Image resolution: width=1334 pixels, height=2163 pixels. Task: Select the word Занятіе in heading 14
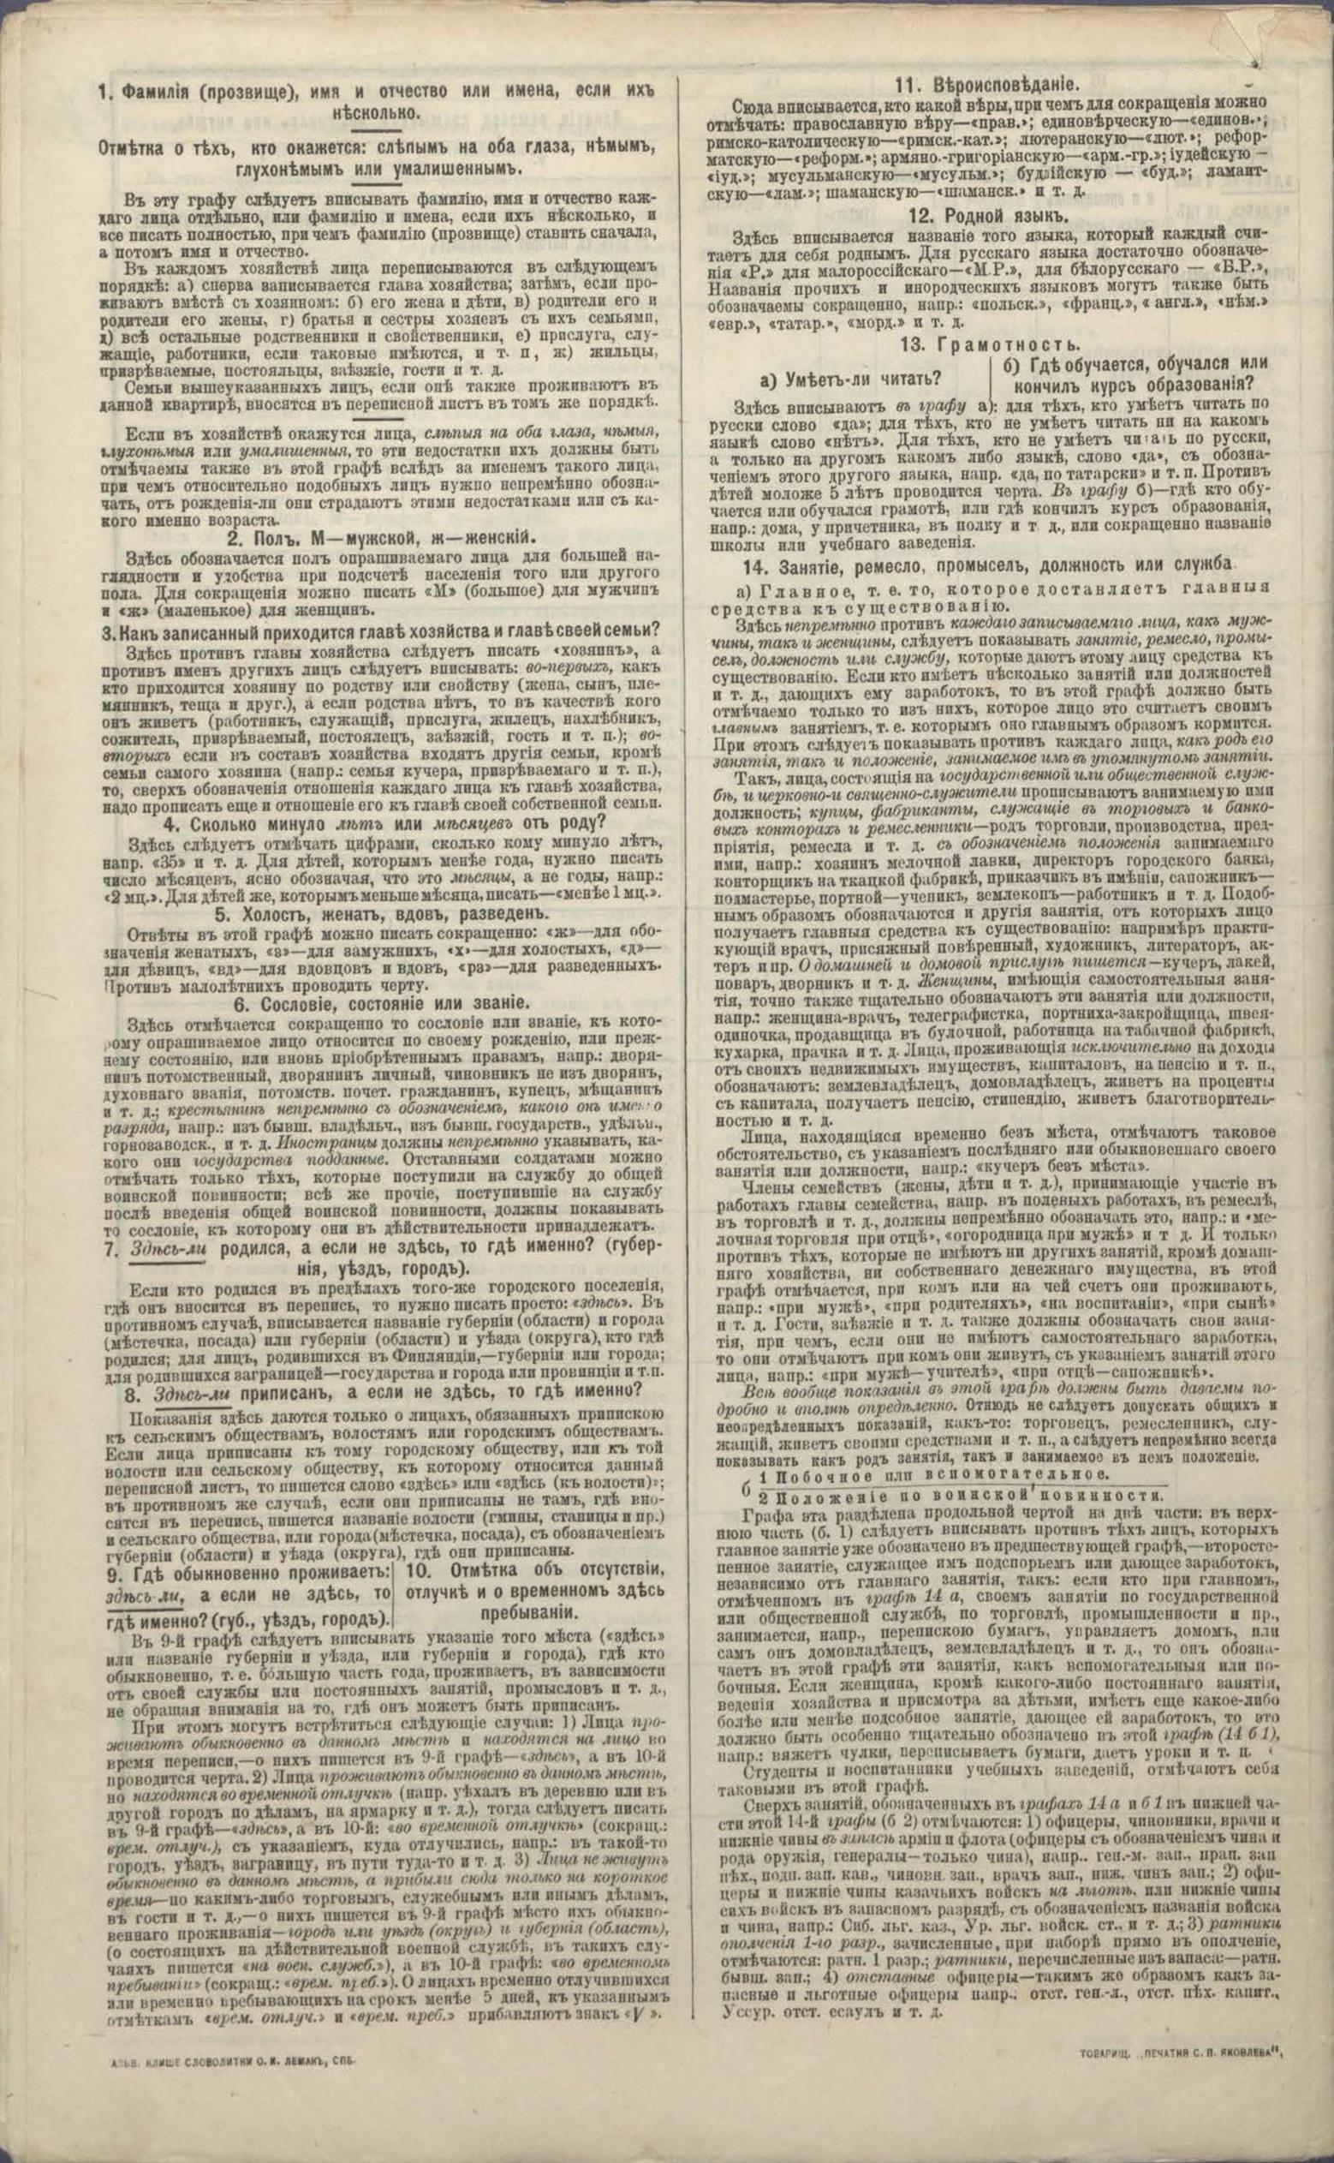(809, 563)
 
